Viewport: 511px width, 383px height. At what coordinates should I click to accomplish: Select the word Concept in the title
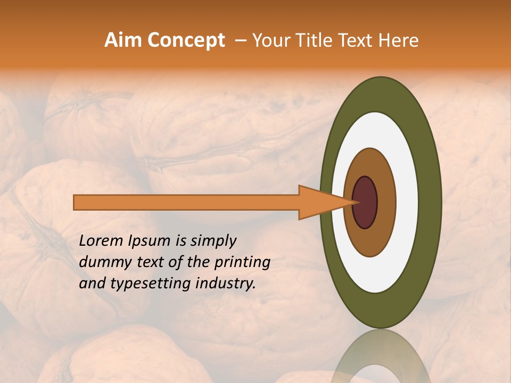pyautogui.click(x=186, y=40)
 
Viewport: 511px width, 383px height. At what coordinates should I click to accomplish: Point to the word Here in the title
pyautogui.click(x=399, y=40)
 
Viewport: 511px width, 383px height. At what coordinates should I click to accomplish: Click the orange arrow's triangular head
pyautogui.click(x=319, y=202)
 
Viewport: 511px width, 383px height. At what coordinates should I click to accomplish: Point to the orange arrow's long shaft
pyautogui.click(x=186, y=202)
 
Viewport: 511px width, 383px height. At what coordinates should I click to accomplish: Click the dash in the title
pyautogui.click(x=241, y=41)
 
